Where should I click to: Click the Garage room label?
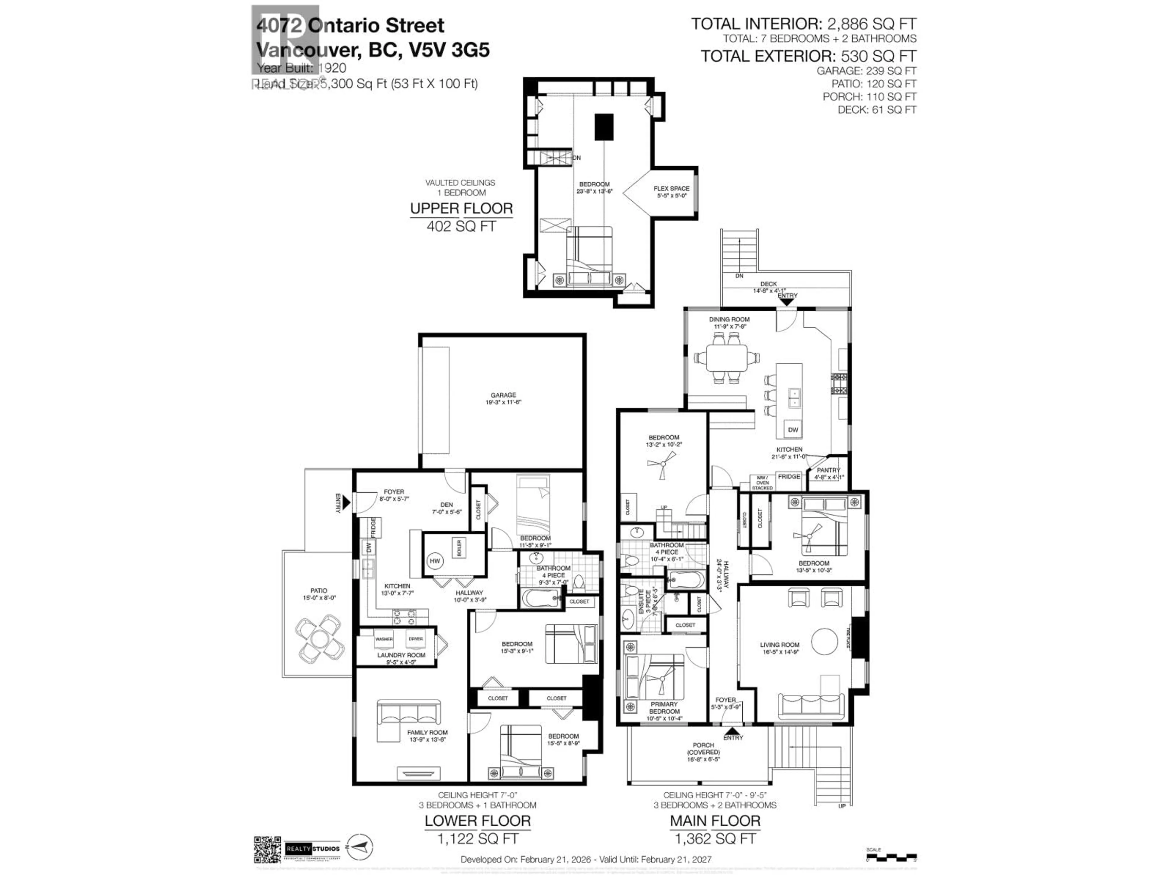pos(503,398)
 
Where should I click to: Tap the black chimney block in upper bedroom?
pos(604,127)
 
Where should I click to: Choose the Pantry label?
pos(828,471)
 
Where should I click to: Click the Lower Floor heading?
pos(477,821)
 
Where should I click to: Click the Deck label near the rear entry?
pos(768,284)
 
